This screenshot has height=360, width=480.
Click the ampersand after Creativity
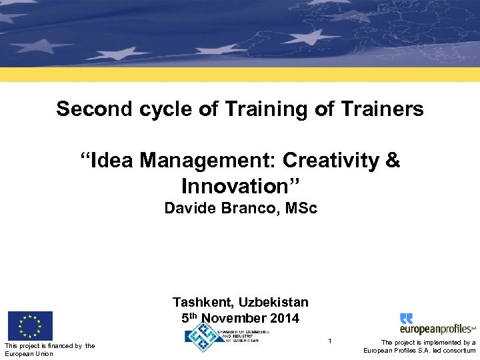(x=393, y=161)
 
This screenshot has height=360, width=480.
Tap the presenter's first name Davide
(x=188, y=209)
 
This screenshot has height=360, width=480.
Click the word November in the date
(x=235, y=318)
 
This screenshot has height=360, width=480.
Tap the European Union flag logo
(x=30, y=325)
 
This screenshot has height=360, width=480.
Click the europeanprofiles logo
(x=437, y=325)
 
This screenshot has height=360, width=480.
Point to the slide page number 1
(x=329, y=341)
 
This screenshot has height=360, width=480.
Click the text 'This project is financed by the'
(x=49, y=345)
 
